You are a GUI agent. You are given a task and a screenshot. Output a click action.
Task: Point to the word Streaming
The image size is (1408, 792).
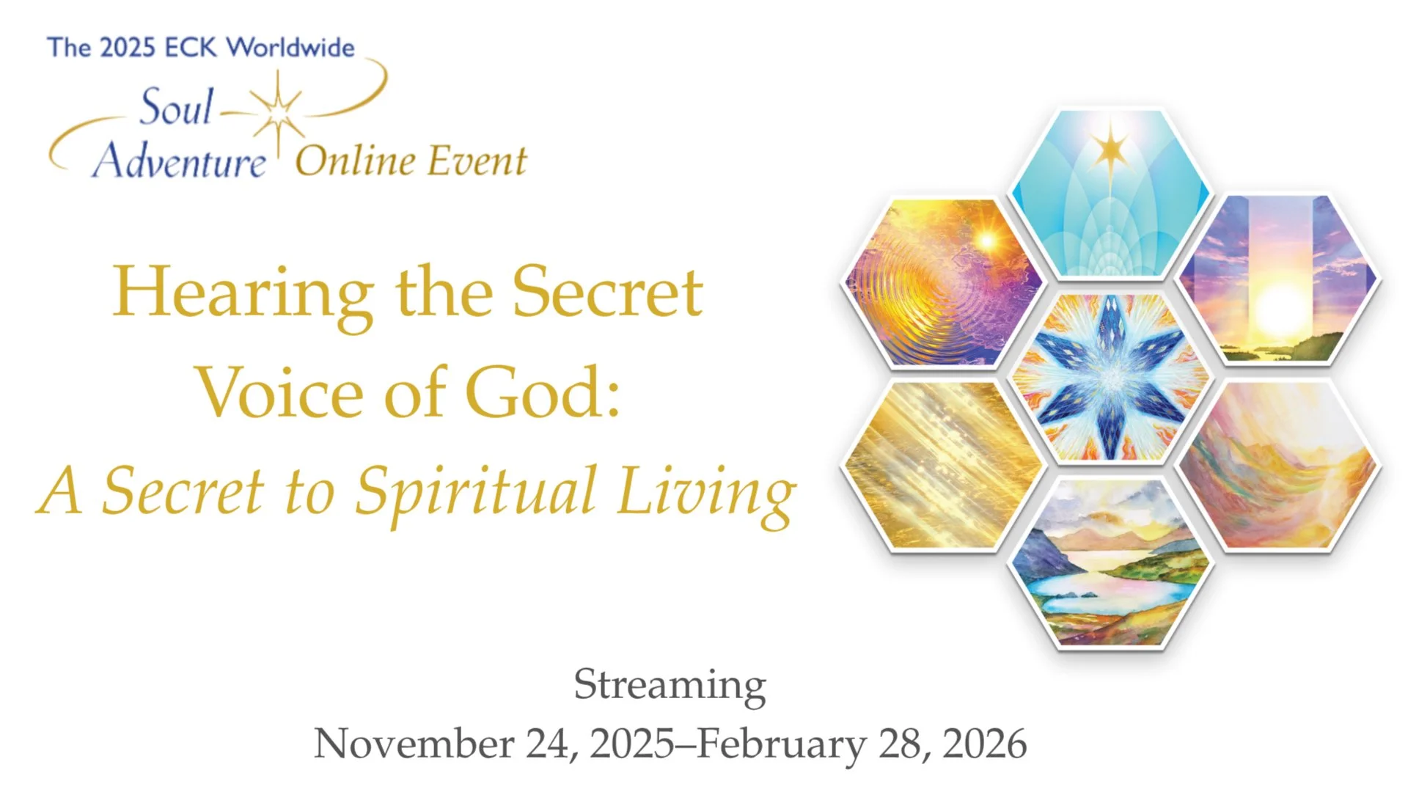[670, 686]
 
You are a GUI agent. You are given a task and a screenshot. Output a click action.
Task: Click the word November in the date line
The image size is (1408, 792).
[414, 744]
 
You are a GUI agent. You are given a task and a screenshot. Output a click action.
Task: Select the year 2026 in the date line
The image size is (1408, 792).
[984, 744]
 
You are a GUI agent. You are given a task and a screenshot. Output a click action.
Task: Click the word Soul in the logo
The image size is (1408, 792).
[176, 107]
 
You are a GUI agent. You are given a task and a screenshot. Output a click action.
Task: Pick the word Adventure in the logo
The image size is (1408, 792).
[179, 161]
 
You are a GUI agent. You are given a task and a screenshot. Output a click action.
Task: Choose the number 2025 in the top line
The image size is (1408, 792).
[127, 48]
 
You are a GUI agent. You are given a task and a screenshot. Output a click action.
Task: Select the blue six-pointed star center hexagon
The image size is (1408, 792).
[1110, 378]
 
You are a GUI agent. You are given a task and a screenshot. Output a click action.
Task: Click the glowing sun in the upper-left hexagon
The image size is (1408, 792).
[987, 240]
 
